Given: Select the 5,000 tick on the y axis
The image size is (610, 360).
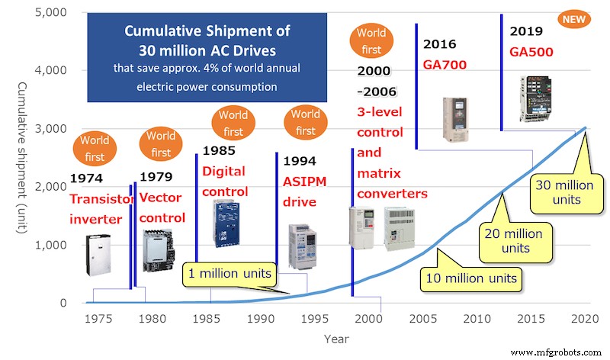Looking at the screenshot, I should click(x=51, y=13).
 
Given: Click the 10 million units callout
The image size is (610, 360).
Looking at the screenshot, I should click(x=470, y=278).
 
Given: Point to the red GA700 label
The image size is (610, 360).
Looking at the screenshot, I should click(x=445, y=64).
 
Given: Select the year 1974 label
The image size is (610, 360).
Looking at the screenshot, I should click(x=85, y=178).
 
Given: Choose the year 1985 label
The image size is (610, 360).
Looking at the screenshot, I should click(x=218, y=151).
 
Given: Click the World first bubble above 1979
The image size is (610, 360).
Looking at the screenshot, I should click(x=161, y=144).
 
